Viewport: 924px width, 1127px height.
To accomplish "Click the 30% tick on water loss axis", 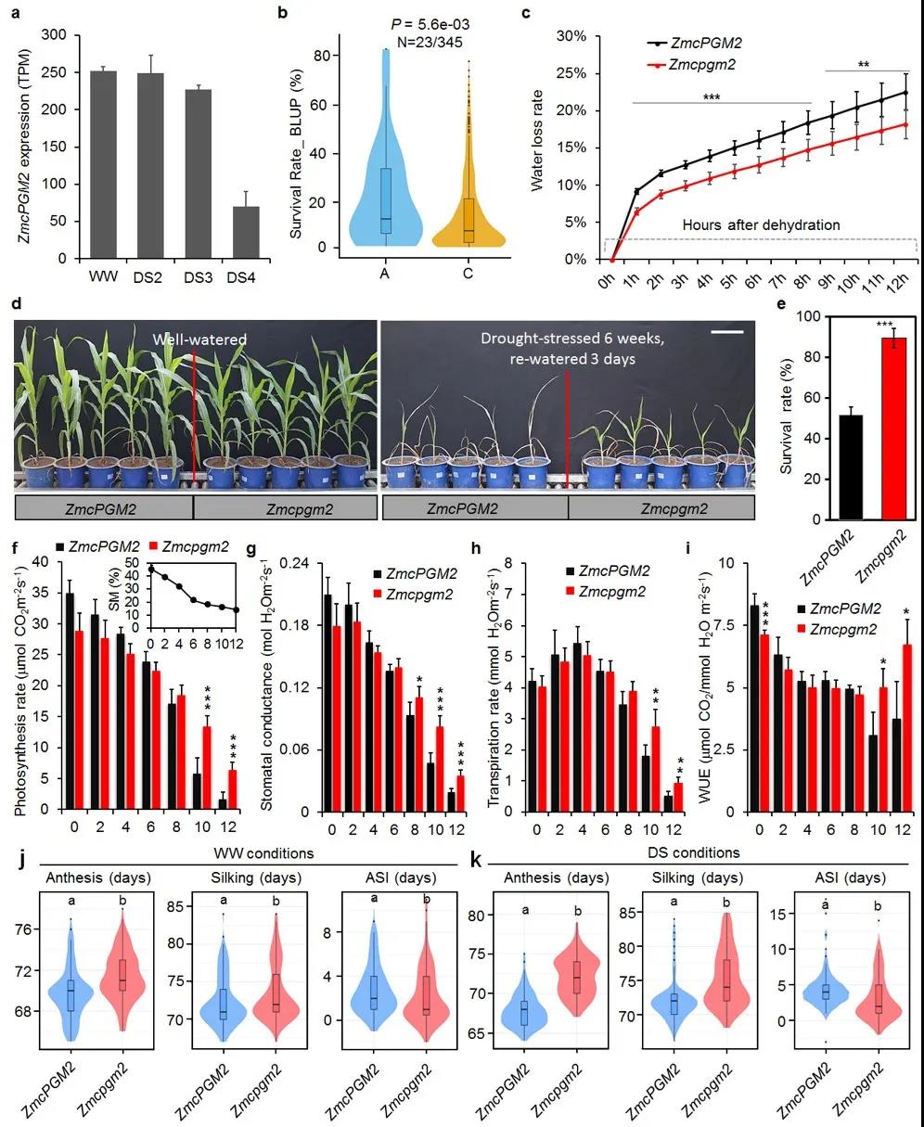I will pyautogui.click(x=573, y=35).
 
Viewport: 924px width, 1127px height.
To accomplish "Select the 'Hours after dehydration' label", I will pyautogui.click(x=761, y=224).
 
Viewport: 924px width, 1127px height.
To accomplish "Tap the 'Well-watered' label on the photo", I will pyautogui.click(x=199, y=339).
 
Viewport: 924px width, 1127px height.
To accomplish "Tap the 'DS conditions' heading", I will pyautogui.click(x=697, y=852).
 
